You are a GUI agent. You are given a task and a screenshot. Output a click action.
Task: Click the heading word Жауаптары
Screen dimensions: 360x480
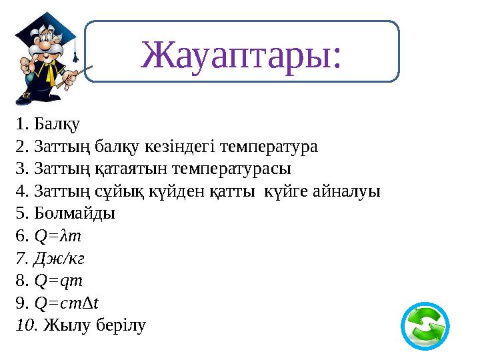click(242, 55)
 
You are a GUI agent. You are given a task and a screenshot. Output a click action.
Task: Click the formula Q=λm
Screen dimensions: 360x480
click(57, 236)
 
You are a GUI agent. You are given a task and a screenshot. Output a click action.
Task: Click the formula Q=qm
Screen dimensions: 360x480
click(57, 281)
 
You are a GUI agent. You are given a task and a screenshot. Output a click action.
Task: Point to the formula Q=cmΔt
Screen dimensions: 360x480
click(66, 304)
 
